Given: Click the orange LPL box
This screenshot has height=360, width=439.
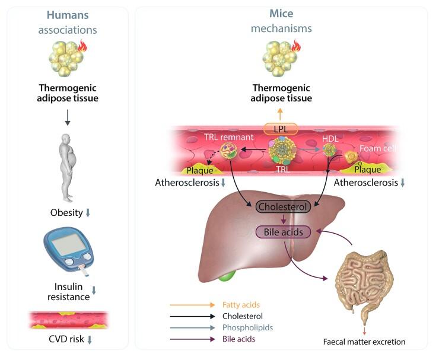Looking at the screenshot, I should (281, 129).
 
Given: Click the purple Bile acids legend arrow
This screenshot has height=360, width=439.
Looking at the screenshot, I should (192, 339).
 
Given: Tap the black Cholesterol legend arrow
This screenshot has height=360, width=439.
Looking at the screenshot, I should (192, 316).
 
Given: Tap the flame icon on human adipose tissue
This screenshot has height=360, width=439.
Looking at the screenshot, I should (82, 46).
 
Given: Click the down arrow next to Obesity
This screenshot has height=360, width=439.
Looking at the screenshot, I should (88, 213).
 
